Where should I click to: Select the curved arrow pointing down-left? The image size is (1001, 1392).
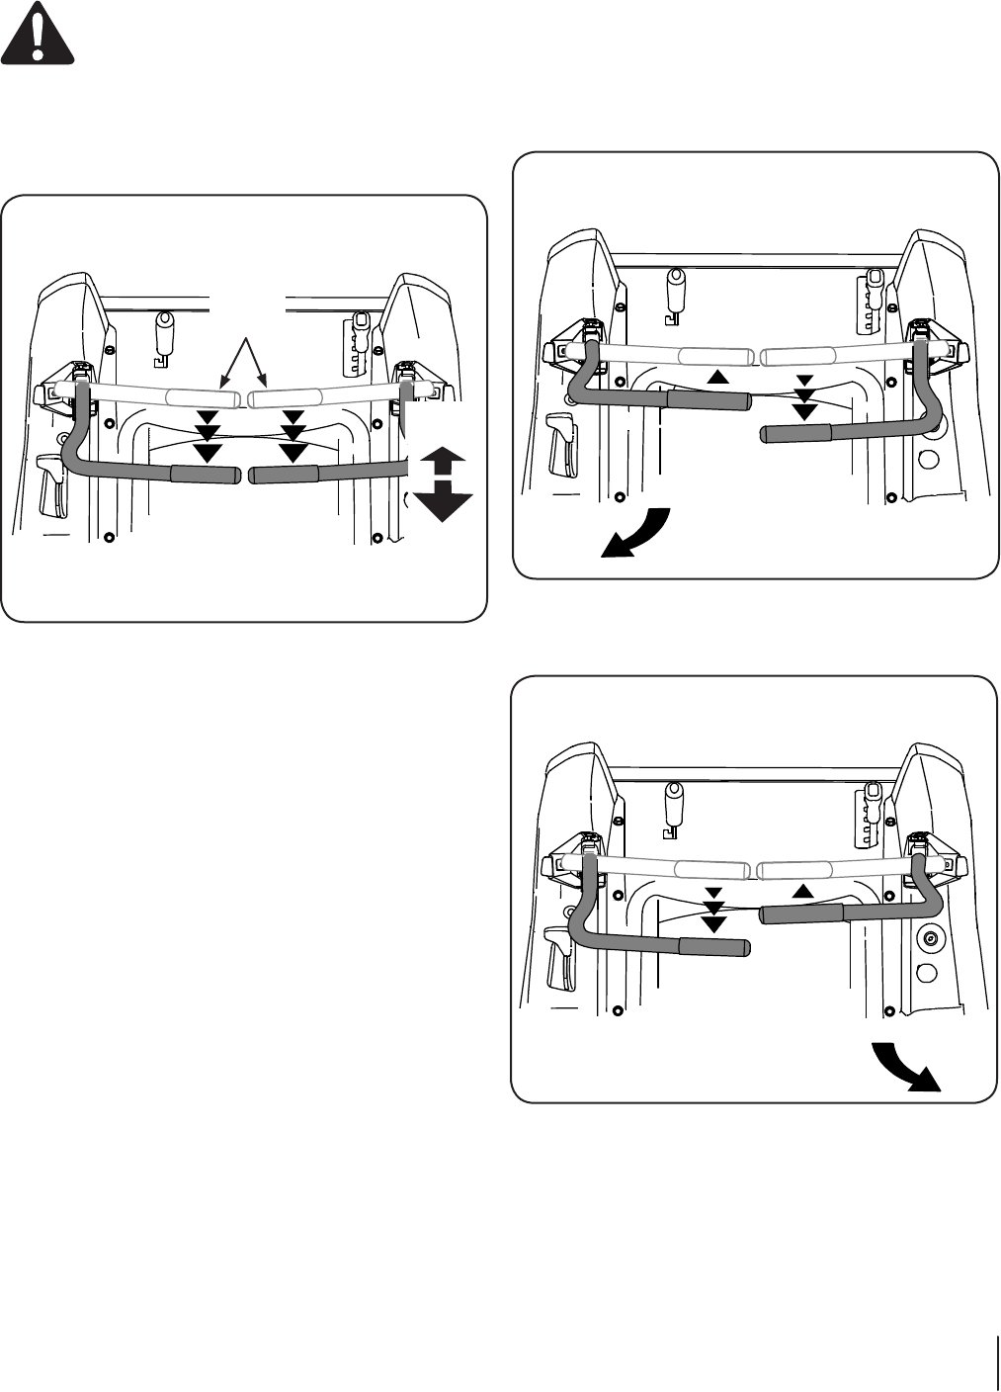click(636, 535)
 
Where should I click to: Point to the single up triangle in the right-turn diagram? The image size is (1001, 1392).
click(803, 891)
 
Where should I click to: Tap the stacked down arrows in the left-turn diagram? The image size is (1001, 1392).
click(805, 398)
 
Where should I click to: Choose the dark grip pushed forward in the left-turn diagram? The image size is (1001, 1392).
click(709, 399)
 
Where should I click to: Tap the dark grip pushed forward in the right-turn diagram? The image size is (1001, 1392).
click(800, 913)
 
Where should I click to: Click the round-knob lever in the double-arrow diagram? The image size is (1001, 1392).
click(164, 331)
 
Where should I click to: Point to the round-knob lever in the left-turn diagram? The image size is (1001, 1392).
click(676, 291)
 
